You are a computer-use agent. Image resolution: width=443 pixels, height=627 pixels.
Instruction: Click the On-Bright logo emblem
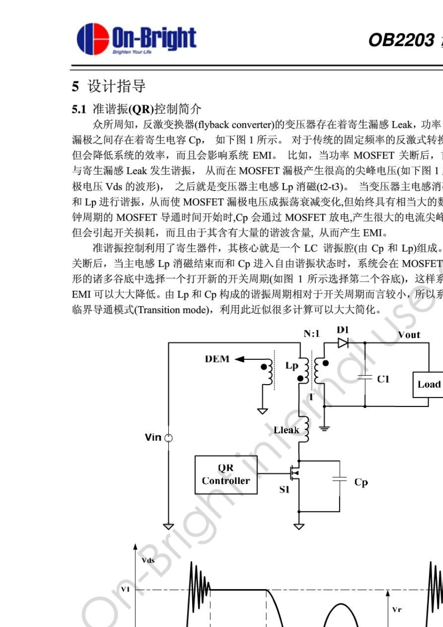click(92, 39)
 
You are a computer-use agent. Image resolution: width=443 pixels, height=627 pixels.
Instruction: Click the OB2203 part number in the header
click(401, 40)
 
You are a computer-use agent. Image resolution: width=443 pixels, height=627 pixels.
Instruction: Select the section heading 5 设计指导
click(109, 86)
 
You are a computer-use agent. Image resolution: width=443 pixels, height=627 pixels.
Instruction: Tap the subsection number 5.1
click(79, 110)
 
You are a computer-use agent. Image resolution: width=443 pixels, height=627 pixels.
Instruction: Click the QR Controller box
click(226, 475)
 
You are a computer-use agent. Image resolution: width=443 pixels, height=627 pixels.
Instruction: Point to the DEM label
click(217, 359)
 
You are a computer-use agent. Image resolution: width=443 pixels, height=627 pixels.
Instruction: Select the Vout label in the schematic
click(409, 335)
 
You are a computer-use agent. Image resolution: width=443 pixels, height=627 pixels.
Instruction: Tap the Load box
click(428, 385)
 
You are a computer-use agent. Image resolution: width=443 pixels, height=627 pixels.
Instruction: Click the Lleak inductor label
click(286, 430)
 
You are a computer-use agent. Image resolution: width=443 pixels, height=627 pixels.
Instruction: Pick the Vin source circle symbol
click(169, 438)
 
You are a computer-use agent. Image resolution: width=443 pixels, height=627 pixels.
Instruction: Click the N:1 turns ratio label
click(311, 333)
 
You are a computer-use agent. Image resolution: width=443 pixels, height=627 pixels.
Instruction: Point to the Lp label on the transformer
click(291, 365)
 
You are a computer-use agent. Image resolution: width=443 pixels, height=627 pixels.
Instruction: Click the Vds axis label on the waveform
click(148, 560)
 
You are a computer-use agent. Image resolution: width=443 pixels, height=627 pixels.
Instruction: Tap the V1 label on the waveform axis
click(125, 589)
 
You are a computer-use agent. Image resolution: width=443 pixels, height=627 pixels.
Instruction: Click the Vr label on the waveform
click(397, 609)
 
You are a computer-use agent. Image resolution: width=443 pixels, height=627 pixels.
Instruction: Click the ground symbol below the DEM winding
click(263, 411)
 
